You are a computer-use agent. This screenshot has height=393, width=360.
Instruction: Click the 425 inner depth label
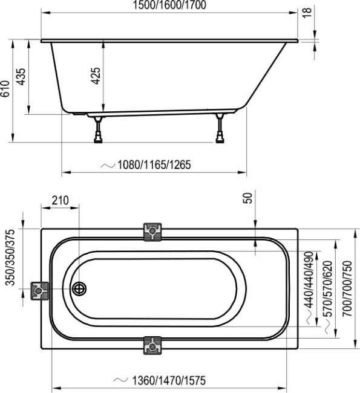point(96,76)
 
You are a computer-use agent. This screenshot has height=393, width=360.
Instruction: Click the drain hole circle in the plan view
point(79,289)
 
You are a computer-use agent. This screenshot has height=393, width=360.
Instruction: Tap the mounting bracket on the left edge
point(41,291)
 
